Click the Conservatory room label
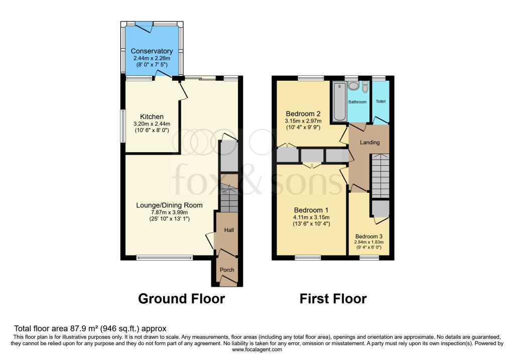pos(152,51)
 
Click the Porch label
pos(227,270)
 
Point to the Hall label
pos(227,230)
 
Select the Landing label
pos(369,143)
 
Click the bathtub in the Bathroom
pos(339,102)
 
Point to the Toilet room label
pos(381,101)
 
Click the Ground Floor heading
pos(181,299)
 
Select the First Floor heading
pos(333,299)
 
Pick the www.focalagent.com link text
pos(257,349)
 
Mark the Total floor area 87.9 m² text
pos(90,328)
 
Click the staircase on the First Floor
pos(380,176)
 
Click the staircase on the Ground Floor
pos(229,199)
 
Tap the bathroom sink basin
pos(353,86)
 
